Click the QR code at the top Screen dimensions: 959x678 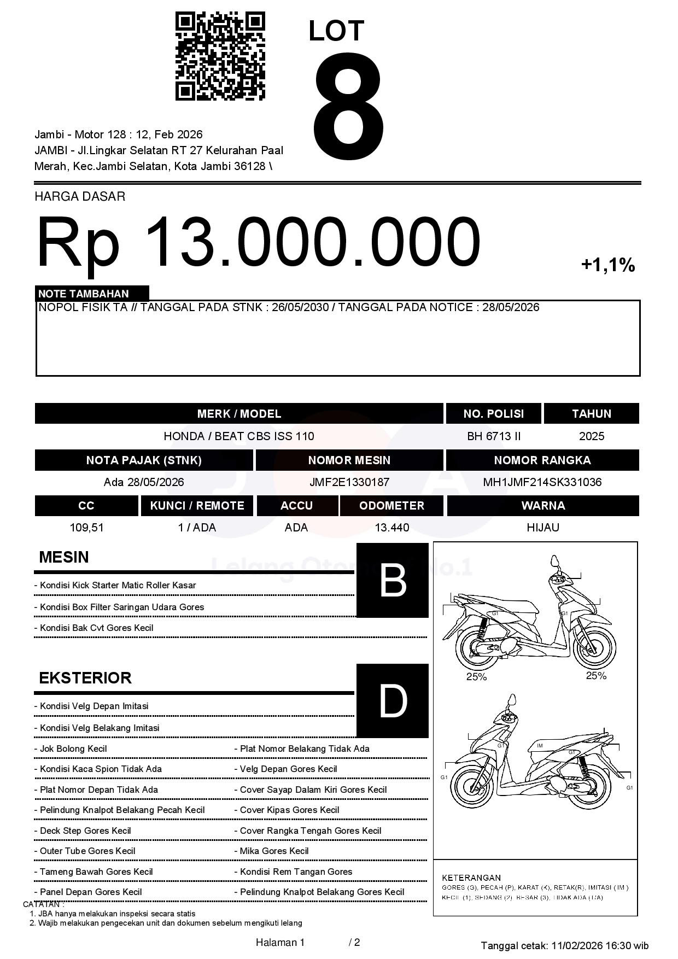click(220, 56)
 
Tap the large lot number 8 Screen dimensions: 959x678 click(348, 107)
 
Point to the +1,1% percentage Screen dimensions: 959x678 click(607, 265)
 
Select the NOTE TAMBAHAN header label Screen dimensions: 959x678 click(84, 294)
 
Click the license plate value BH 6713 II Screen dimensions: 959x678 click(493, 436)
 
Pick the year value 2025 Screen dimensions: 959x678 click(591, 436)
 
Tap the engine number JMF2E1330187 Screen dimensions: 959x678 click(349, 482)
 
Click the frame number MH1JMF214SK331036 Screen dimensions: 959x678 click(542, 482)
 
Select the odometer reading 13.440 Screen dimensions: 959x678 click(391, 528)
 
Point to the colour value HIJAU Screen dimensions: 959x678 click(542, 528)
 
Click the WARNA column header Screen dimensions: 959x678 click(542, 506)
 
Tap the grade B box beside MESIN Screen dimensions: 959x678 click(392, 581)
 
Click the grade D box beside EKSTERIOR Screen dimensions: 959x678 click(392, 700)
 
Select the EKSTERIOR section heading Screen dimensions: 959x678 click(85, 678)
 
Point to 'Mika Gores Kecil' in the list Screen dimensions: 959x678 click(274, 851)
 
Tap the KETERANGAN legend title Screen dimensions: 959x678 click(471, 878)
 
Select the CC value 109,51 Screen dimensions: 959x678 click(86, 528)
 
